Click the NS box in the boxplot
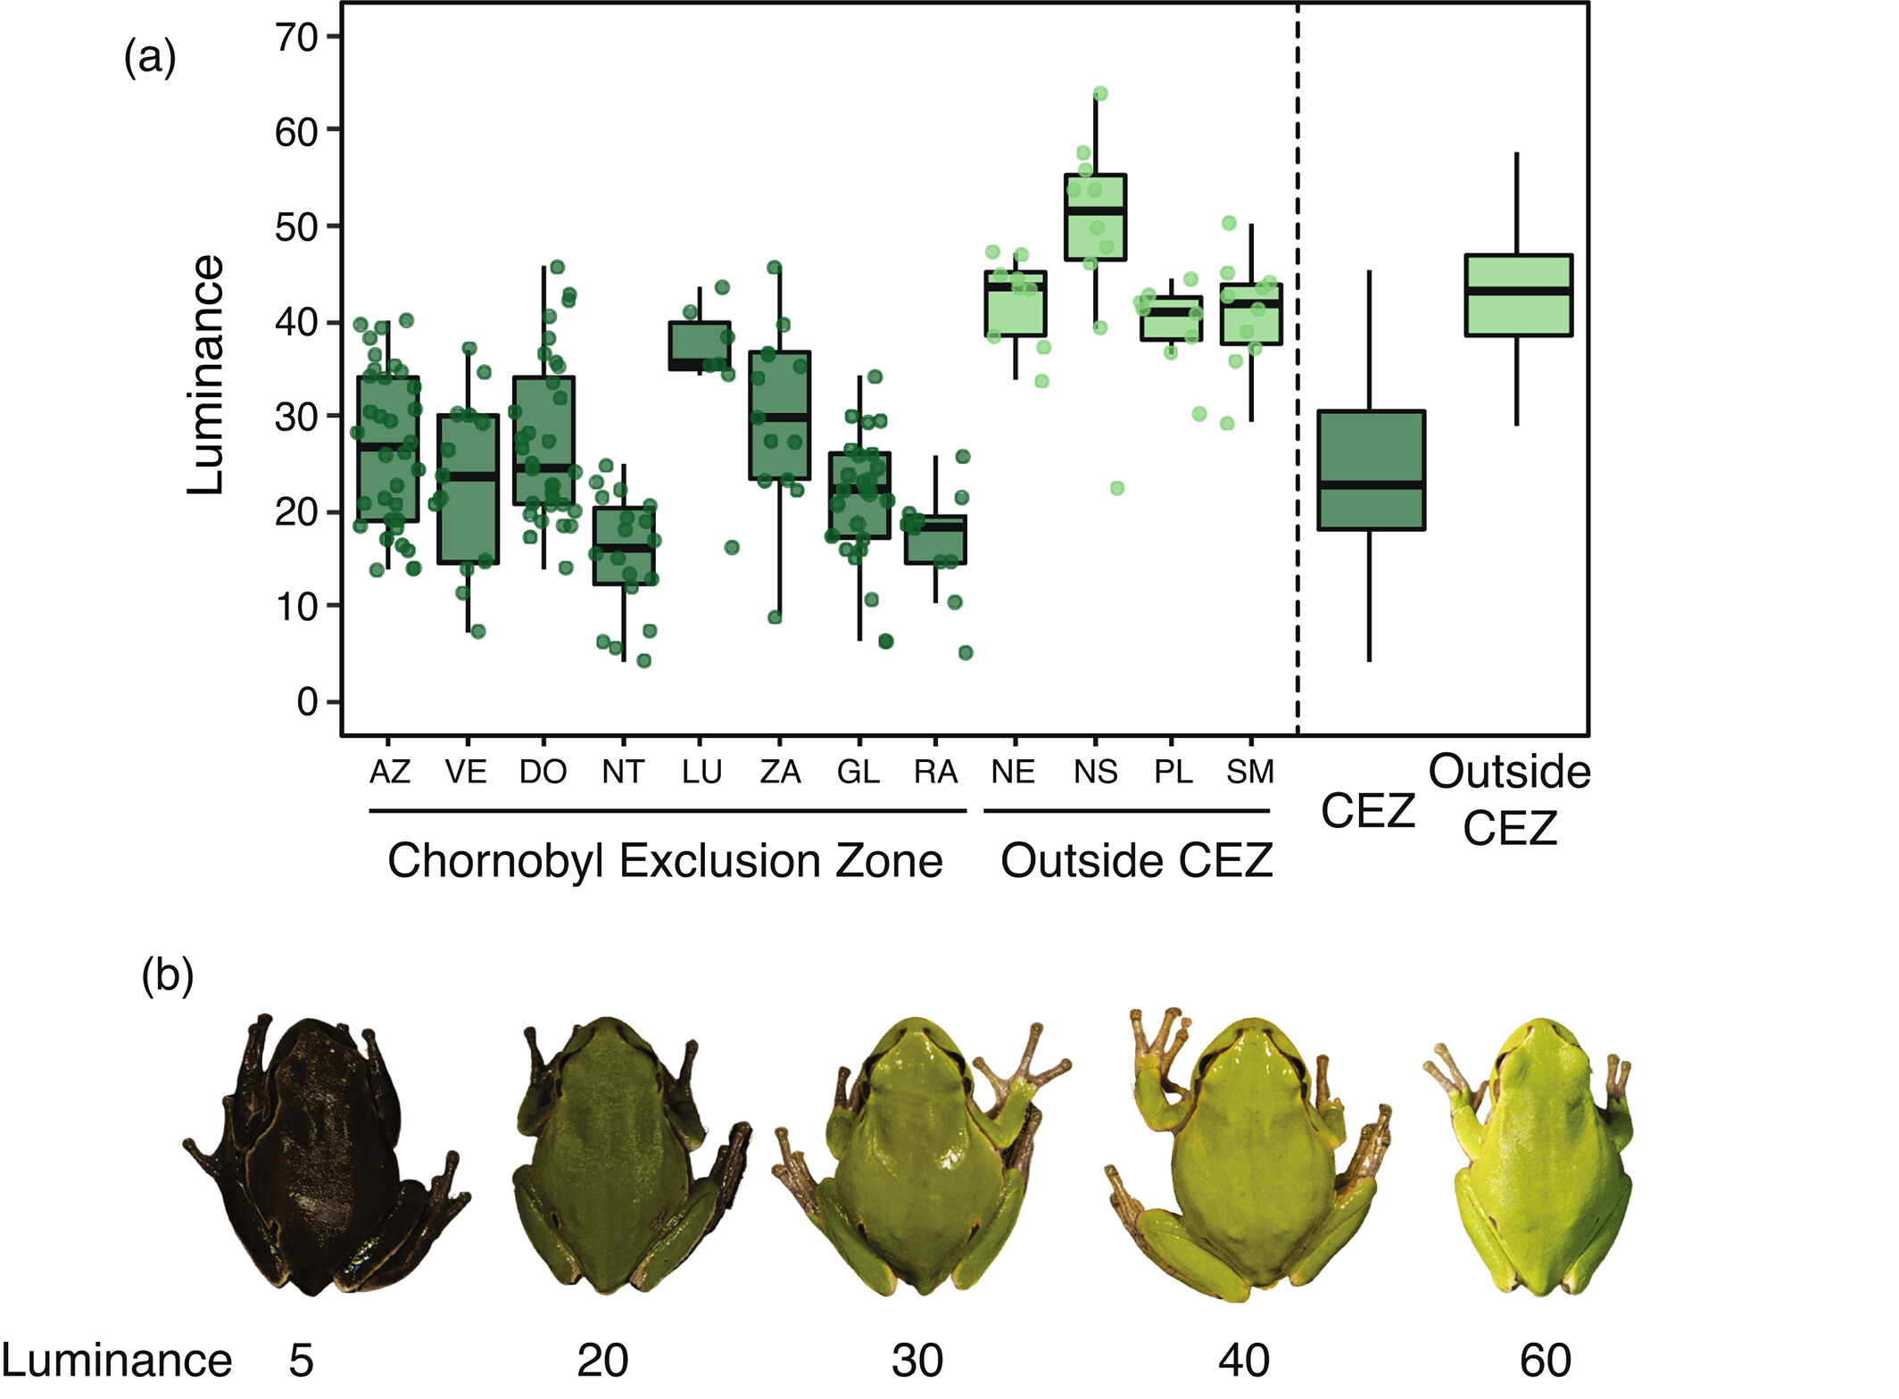[x=1095, y=218]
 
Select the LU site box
[x=700, y=346]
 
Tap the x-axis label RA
[x=935, y=772]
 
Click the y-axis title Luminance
[x=206, y=375]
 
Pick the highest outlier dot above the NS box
[x=1100, y=94]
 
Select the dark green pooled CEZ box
[x=1371, y=470]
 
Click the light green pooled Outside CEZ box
[x=1518, y=295]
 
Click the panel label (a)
[x=150, y=59]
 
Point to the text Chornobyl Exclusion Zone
[x=665, y=861]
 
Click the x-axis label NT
[x=622, y=772]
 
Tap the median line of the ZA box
[x=780, y=417]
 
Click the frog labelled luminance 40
[x=1249, y=1155]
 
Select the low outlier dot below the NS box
[x=1116, y=488]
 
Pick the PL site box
[x=1171, y=319]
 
